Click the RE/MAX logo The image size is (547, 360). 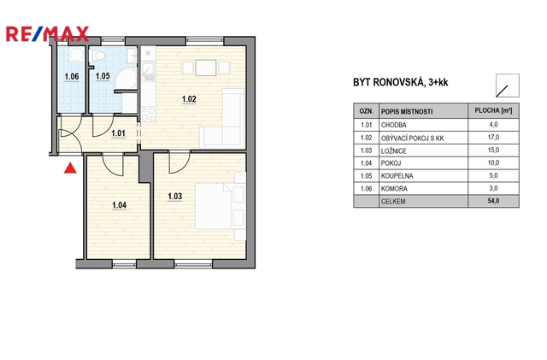48,34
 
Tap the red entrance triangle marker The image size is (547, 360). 70,168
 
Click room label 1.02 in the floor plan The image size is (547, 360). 189,99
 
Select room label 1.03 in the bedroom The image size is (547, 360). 174,196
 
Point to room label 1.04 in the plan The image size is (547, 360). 119,205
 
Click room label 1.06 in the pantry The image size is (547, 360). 72,76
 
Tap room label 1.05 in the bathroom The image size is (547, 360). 103,76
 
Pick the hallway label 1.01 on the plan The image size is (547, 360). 118,133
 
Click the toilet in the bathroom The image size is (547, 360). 98,56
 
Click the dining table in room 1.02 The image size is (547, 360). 206,68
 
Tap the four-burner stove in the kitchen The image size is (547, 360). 148,115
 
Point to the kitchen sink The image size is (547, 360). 149,71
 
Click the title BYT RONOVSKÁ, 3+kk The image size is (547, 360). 401,82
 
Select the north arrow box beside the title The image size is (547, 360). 508,86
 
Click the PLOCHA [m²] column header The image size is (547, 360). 493,110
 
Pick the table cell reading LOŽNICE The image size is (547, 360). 393,150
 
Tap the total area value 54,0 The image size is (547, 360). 494,201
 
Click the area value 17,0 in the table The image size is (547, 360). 493,137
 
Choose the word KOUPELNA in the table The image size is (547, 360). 397,176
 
